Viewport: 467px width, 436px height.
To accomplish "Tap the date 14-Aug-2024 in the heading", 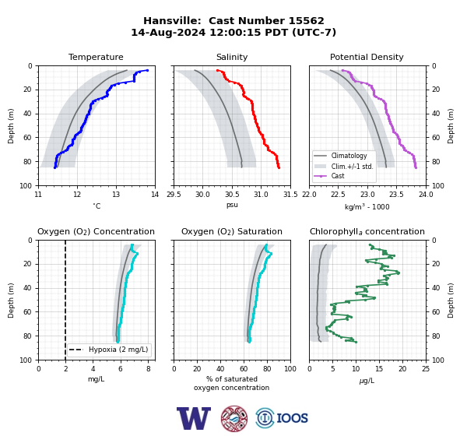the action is [x=168, y=32].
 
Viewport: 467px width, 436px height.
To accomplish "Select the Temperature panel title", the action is [x=96, y=57].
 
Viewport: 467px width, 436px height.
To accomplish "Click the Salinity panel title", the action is [x=232, y=57].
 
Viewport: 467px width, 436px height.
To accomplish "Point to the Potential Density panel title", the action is [x=367, y=57].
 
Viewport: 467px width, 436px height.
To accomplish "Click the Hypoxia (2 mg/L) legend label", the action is [x=118, y=350].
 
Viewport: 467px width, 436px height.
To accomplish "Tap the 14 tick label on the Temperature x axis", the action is [x=155, y=195].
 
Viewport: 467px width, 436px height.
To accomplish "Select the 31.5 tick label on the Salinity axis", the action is [x=290, y=195].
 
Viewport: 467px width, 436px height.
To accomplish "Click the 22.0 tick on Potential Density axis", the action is [x=310, y=195].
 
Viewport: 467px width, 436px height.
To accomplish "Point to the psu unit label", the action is [x=232, y=205].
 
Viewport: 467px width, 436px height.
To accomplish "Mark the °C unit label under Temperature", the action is [x=97, y=206].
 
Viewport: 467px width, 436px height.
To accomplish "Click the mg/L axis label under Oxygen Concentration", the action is [x=97, y=379].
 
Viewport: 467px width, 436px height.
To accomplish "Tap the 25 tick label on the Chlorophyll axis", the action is [x=426, y=369].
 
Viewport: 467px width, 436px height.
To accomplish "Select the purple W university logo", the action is [x=194, y=418].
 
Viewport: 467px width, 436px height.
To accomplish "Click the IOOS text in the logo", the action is [x=292, y=418].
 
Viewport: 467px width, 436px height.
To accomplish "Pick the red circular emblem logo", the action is [x=234, y=418].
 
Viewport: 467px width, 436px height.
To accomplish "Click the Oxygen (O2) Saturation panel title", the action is [x=232, y=231].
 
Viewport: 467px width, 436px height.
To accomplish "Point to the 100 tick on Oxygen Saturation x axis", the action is [x=290, y=369].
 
